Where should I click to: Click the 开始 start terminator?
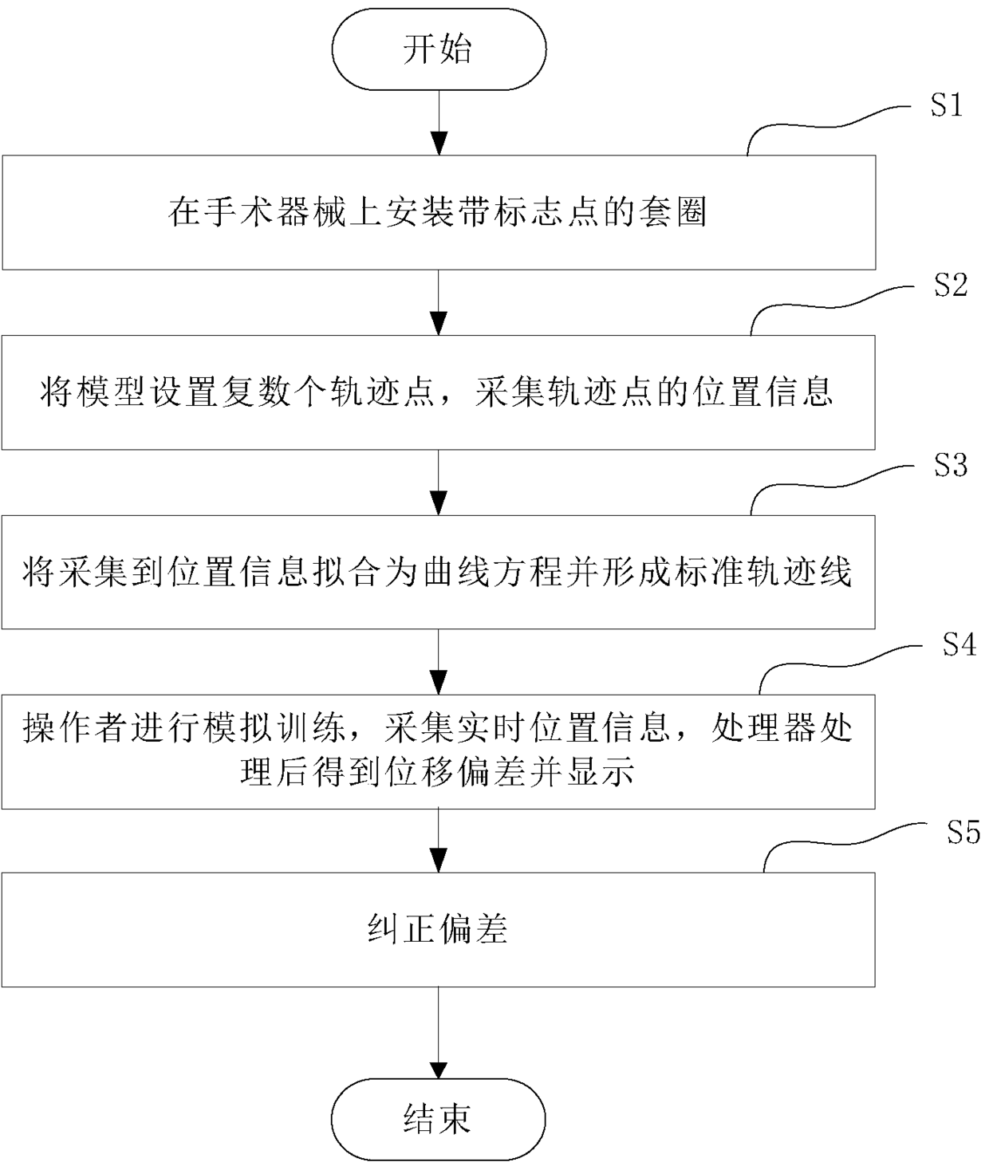tap(439, 49)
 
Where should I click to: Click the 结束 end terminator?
tap(439, 1119)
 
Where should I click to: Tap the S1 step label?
tap(947, 105)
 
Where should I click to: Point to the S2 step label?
tap(951, 285)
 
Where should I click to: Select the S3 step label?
tap(951, 465)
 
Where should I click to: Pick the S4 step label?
tap(959, 644)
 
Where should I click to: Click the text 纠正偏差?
tap(438, 929)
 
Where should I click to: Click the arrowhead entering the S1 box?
tap(439, 144)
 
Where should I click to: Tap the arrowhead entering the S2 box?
tap(439, 324)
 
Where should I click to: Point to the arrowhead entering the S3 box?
tap(439, 503)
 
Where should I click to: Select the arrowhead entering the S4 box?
tap(439, 683)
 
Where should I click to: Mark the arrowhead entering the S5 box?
tap(439, 861)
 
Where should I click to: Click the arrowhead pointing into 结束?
tap(439, 1067)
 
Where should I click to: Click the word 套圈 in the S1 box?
tap(672, 213)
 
